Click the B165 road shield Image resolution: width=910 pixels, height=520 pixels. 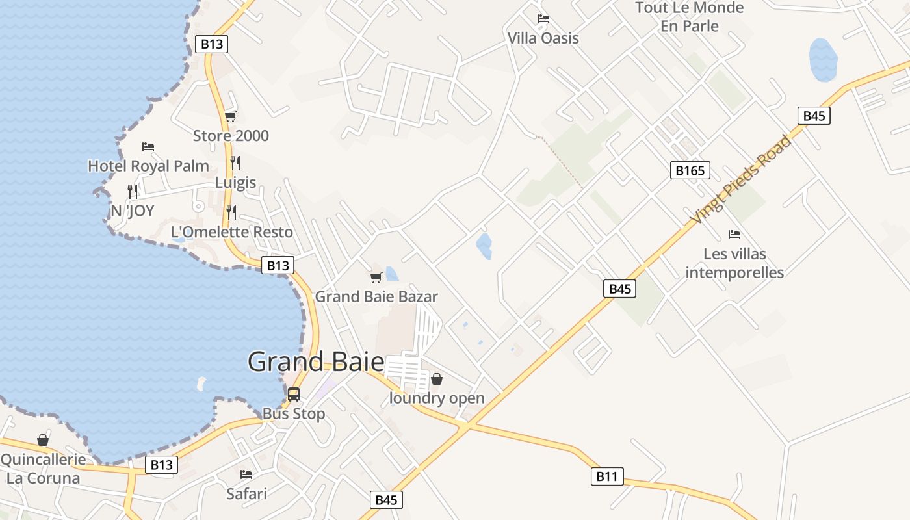[x=690, y=170]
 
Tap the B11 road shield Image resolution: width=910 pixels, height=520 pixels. [x=606, y=476]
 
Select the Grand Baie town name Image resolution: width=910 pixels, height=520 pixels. [x=316, y=361]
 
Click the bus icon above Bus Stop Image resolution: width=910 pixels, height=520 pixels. [x=294, y=394]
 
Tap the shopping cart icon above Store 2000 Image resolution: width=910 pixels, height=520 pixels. [x=231, y=117]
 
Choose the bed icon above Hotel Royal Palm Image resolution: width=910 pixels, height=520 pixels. [x=148, y=147]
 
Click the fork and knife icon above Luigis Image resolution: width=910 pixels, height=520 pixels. [x=235, y=163]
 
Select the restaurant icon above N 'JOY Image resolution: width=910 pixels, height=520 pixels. [x=133, y=191]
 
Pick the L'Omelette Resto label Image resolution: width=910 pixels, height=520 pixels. [x=231, y=232]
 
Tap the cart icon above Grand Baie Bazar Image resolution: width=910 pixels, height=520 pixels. [x=376, y=278]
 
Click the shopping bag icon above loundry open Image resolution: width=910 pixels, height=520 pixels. [x=437, y=379]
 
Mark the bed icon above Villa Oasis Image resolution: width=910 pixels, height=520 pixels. [x=543, y=19]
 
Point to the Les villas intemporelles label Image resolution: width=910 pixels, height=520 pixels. [x=734, y=263]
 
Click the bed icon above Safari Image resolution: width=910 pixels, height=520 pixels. [x=246, y=474]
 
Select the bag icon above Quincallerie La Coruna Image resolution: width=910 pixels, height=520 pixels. [x=43, y=441]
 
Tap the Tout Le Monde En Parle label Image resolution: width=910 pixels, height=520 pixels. [x=690, y=17]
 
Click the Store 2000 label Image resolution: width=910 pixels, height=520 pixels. [x=231, y=136]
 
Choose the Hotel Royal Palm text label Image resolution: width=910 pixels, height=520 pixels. [x=148, y=166]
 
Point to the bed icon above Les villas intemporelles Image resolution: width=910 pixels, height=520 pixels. [x=734, y=234]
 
